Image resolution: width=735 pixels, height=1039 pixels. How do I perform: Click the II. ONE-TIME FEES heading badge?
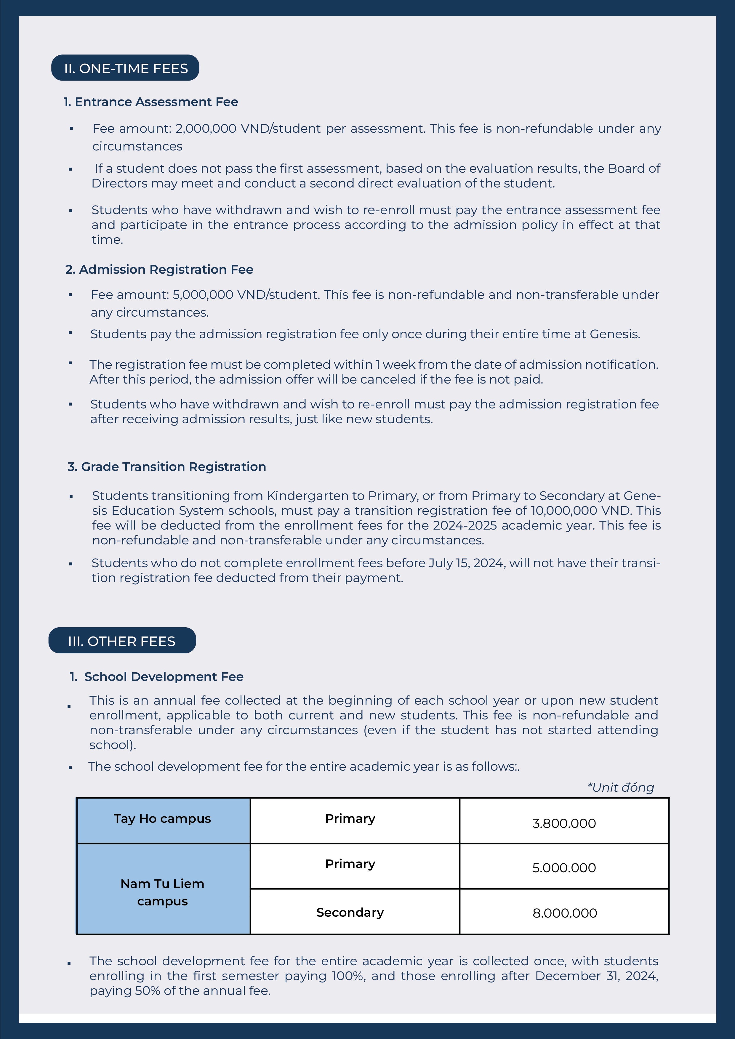pyautogui.click(x=125, y=68)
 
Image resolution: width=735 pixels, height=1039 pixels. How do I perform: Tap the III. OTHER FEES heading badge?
pyautogui.click(x=122, y=641)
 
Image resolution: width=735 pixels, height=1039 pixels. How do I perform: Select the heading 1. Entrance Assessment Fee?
pyautogui.click(x=151, y=102)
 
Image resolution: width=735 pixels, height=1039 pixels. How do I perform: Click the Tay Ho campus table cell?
pyautogui.click(x=162, y=819)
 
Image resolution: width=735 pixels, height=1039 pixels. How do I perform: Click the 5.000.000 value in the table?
pyautogui.click(x=564, y=868)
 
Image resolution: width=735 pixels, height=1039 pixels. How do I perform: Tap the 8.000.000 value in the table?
pyautogui.click(x=564, y=913)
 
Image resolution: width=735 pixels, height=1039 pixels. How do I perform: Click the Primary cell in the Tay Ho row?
pyautogui.click(x=350, y=819)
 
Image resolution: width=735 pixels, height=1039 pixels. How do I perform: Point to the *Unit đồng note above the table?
pyautogui.click(x=620, y=788)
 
